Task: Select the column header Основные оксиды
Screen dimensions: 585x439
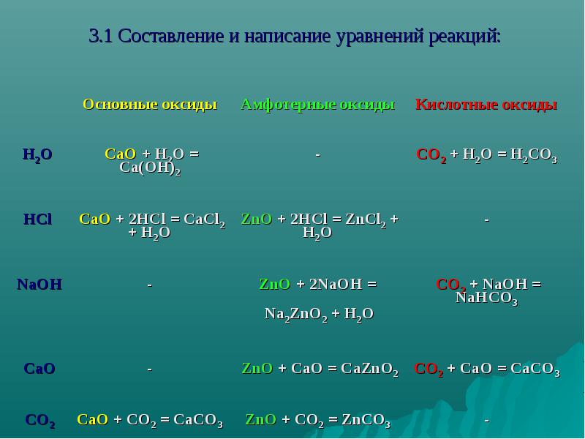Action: [x=150, y=104]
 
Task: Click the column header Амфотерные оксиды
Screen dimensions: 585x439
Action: [x=318, y=104]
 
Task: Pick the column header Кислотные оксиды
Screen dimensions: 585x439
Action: [x=486, y=104]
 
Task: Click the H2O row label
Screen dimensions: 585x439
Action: [x=38, y=154]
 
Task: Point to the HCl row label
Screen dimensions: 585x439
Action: [x=38, y=219]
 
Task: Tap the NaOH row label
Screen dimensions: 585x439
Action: [x=39, y=285]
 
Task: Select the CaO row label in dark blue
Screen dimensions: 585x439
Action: [x=39, y=369]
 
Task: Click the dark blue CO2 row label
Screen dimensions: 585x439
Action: [x=40, y=421]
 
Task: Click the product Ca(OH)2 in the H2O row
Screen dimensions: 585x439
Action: [x=150, y=168]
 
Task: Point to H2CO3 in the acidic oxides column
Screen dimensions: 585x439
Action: [x=534, y=155]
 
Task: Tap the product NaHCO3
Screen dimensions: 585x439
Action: [x=487, y=299]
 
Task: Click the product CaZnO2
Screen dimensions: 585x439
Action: [x=370, y=369]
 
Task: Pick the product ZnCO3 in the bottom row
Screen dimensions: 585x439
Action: [x=366, y=421]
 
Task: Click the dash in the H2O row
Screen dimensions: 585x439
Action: [x=318, y=154]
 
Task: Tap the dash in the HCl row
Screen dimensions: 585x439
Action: [x=486, y=219]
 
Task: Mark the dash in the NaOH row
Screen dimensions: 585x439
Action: [x=150, y=285]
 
